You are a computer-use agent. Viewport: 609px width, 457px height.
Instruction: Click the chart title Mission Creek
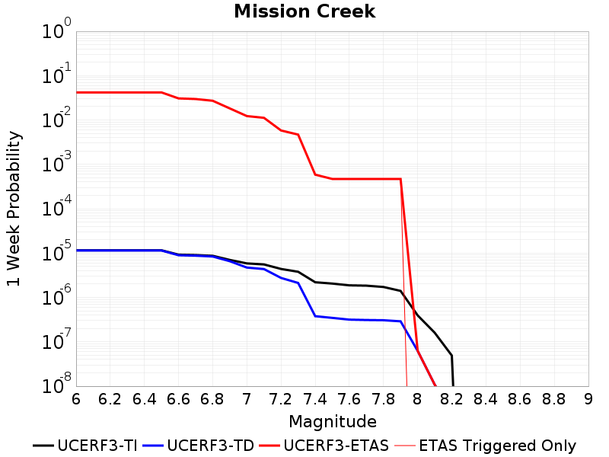[x=304, y=11]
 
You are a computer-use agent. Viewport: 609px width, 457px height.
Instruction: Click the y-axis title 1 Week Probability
[x=13, y=209]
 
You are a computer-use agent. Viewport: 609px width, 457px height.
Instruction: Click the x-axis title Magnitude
[x=333, y=422]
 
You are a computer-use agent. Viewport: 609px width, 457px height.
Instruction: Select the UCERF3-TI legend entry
[x=85, y=446]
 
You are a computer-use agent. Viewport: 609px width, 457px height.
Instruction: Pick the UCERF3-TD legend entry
[x=199, y=446]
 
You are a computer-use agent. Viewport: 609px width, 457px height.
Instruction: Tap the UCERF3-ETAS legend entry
[x=324, y=446]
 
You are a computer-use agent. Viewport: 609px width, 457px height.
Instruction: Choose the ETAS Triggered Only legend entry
[x=485, y=446]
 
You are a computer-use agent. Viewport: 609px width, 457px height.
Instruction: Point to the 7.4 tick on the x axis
[x=315, y=399]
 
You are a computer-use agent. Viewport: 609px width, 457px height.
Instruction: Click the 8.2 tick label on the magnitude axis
[x=451, y=399]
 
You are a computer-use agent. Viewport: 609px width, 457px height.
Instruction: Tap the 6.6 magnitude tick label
[x=178, y=399]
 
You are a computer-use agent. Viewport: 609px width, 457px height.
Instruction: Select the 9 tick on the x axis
[x=588, y=399]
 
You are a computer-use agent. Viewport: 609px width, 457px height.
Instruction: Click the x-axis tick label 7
[x=247, y=399]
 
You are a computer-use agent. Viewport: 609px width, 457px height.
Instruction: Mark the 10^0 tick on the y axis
[x=56, y=28]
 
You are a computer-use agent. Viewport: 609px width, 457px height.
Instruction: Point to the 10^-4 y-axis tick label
[x=56, y=206]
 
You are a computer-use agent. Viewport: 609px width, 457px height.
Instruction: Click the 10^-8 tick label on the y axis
[x=56, y=384]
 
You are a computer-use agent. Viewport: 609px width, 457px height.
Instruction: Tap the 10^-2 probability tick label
[x=56, y=117]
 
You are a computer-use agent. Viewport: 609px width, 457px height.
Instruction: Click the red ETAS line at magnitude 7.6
[x=349, y=179]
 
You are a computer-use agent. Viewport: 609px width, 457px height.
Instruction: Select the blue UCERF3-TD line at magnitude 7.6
[x=349, y=320]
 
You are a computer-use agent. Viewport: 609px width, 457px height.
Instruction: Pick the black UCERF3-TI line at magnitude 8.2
[x=451, y=356]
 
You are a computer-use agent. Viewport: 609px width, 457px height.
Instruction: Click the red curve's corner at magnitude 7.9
[x=400, y=179]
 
